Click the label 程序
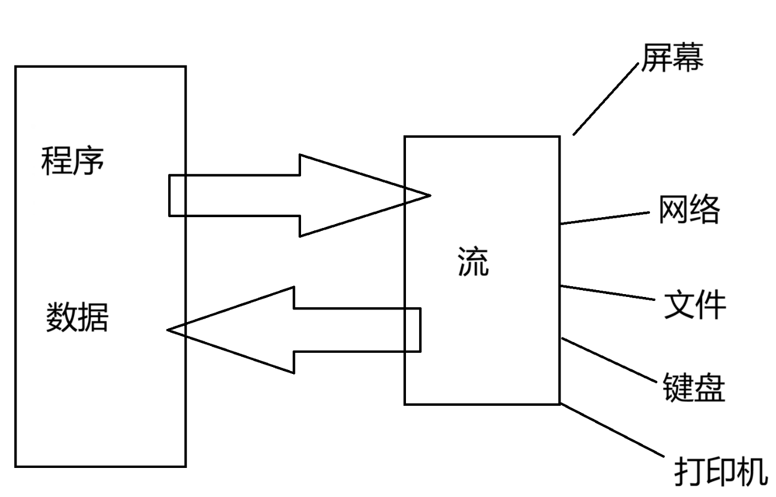[x=73, y=161]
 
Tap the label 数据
[x=77, y=317]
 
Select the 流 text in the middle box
[x=473, y=262]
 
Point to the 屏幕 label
[x=672, y=58]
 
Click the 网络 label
[x=689, y=209]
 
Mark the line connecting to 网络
[x=606, y=218]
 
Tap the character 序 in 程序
[x=89, y=161]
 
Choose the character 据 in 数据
[x=93, y=317]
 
